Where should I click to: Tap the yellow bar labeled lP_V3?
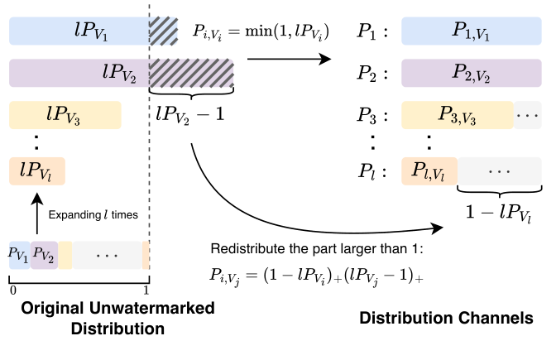(x=65, y=114)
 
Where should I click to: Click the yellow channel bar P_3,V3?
(x=458, y=114)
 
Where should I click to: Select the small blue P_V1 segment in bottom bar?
(x=19, y=254)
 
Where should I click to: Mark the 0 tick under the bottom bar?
(x=11, y=290)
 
